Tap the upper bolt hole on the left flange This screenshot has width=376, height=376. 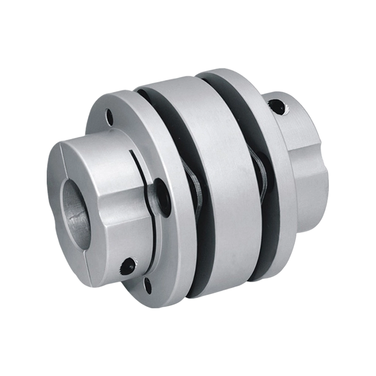pos(110,115)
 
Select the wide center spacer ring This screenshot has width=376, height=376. pos(221,188)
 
